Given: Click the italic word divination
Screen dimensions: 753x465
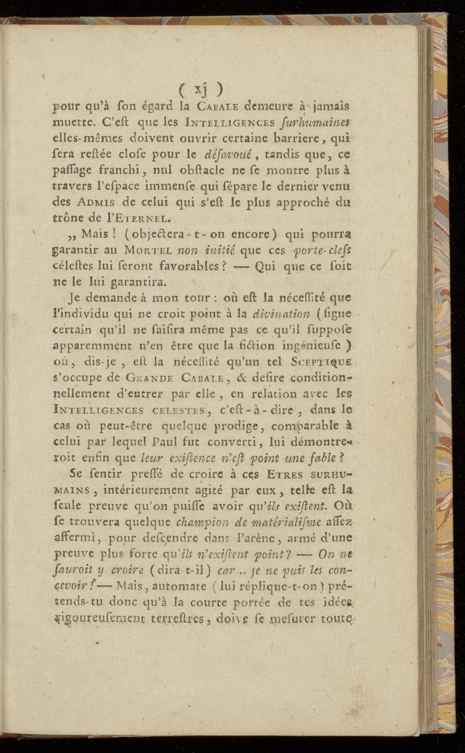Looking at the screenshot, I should click(x=281, y=314).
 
